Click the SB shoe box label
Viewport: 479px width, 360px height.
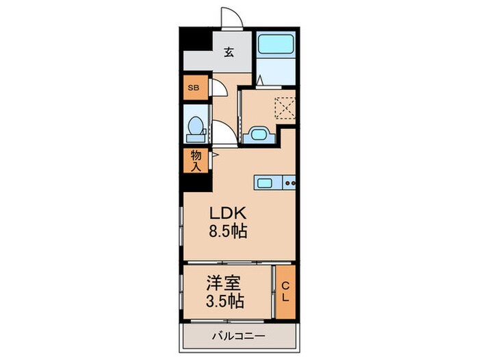click(x=194, y=87)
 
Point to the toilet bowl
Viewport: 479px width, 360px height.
click(x=196, y=128)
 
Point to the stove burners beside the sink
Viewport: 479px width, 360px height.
click(x=290, y=183)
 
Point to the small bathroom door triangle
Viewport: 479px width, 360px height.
click(x=260, y=82)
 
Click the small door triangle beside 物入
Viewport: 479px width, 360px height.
click(x=214, y=156)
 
